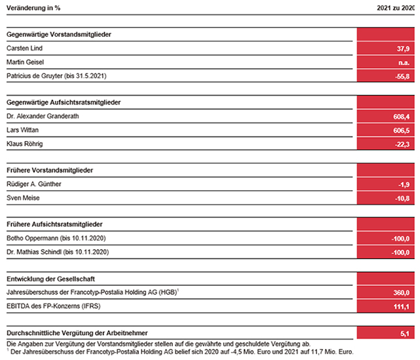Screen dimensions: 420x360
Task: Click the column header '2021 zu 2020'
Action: click(x=396, y=8)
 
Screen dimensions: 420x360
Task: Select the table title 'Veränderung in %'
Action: click(x=33, y=8)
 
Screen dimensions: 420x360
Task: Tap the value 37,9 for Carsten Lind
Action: click(x=403, y=49)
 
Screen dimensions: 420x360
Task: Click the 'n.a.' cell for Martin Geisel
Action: click(x=404, y=63)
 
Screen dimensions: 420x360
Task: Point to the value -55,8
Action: click(x=402, y=77)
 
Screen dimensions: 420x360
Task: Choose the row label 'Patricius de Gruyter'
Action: click(x=35, y=76)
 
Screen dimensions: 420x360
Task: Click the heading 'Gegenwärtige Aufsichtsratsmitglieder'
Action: click(x=64, y=102)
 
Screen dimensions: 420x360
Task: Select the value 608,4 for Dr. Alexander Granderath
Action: click(x=402, y=117)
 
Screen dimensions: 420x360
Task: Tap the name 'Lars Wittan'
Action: click(x=22, y=130)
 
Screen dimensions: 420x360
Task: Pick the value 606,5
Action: click(x=402, y=130)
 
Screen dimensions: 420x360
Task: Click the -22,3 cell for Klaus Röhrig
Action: click(x=402, y=144)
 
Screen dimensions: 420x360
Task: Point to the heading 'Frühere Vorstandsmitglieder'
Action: click(x=50, y=170)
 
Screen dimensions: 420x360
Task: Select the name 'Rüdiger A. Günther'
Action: click(x=34, y=184)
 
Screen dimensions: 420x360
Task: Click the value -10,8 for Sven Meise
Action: click(x=402, y=199)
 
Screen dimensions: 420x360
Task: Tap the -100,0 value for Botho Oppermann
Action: click(x=400, y=239)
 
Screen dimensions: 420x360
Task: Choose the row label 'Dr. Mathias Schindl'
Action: click(x=34, y=252)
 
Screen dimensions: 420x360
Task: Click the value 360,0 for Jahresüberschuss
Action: click(x=402, y=292)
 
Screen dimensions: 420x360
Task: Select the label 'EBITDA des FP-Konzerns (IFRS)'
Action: click(x=54, y=306)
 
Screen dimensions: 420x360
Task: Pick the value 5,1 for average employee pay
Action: click(x=405, y=334)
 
